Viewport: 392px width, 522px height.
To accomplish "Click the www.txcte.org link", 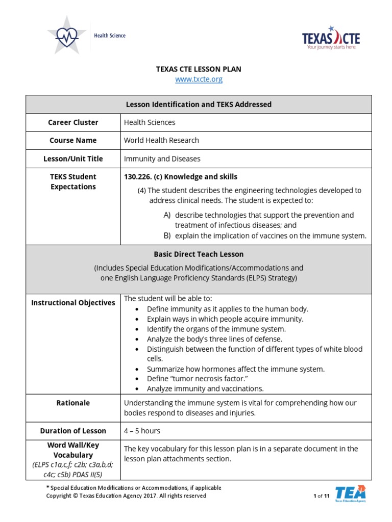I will pos(199,80).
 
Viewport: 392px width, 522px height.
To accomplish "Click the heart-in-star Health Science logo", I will pos(67,35).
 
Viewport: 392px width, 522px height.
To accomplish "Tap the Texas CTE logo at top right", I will pos(331,39).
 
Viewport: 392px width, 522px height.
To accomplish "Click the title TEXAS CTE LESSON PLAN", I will pos(199,69).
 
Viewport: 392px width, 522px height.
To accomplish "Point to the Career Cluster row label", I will pos(73,122).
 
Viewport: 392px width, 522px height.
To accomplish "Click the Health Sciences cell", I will pos(150,122).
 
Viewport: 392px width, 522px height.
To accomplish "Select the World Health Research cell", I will pos(161,140).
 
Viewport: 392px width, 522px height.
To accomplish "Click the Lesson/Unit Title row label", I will pos(73,159).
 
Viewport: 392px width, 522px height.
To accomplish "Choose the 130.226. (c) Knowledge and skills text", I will pos(180,177).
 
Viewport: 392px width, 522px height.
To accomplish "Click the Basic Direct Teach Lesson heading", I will pos(199,254).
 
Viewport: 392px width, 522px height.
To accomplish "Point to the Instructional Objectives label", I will pos(73,303).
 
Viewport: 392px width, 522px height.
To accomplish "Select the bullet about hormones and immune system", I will pos(235,369).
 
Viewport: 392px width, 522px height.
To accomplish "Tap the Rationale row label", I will pos(73,403).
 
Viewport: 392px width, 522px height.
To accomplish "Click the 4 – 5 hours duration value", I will pos(142,431).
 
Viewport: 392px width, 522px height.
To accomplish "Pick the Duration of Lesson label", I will pos(73,431).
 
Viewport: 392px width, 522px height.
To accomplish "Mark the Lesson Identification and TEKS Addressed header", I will pos(199,105).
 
